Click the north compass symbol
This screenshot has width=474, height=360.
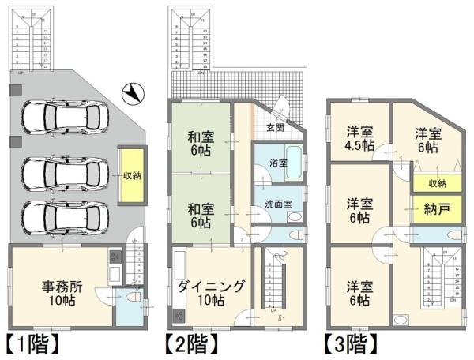(x=134, y=94)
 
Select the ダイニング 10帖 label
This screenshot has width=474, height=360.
(x=211, y=293)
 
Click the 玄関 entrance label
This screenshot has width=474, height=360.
(x=274, y=128)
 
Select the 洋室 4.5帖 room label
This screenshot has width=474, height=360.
(x=358, y=138)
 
